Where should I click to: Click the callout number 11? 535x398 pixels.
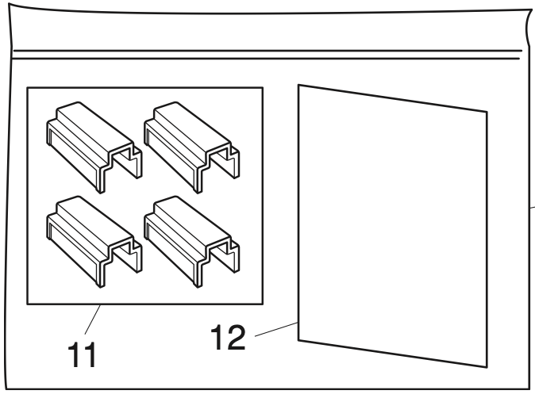(83, 354)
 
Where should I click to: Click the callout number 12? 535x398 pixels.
(228, 337)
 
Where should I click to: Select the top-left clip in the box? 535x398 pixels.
(94, 147)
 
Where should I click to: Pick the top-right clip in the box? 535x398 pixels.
(191, 147)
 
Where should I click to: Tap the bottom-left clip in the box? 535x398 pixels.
(94, 242)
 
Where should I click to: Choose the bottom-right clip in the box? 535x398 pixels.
(191, 242)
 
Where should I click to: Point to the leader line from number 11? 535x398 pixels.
(92, 320)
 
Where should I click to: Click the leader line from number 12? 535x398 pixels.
(276, 329)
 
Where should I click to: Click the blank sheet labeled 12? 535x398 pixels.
(393, 226)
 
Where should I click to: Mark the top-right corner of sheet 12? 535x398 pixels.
(487, 112)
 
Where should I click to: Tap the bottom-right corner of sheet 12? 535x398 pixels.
(487, 367)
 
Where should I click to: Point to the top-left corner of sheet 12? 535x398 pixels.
(298, 85)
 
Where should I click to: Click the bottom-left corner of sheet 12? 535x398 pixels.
(298, 340)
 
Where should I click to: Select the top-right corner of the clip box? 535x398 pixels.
(263, 88)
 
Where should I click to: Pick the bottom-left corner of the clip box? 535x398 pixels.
(27, 304)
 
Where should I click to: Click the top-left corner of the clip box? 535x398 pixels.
(27, 88)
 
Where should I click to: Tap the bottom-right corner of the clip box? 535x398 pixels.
(263, 304)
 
